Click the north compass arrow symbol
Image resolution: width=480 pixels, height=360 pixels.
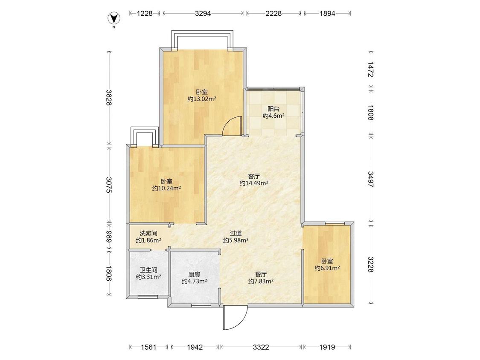[x=114, y=19]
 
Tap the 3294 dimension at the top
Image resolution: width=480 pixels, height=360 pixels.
[x=203, y=13]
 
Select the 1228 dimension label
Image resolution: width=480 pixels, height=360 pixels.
[x=145, y=13]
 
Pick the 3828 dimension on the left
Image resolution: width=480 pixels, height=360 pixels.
[x=109, y=97]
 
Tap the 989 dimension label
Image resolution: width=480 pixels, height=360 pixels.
[x=109, y=236]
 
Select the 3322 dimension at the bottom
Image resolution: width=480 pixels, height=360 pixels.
[x=261, y=347]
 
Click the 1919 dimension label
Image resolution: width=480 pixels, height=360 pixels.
[x=327, y=347]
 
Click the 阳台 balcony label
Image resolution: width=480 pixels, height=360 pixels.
[x=273, y=109]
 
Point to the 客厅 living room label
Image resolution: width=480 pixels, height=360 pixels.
[x=254, y=176]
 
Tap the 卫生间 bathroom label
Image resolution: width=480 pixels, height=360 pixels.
[x=148, y=270]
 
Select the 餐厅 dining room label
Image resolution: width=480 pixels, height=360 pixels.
[x=261, y=274]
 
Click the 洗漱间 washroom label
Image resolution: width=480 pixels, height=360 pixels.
[x=148, y=233]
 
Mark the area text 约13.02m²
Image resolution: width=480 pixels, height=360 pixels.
[x=202, y=99]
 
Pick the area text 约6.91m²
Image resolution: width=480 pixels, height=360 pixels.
[x=327, y=268]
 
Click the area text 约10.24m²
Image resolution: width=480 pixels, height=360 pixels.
[x=166, y=188]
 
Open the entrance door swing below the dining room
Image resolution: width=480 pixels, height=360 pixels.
[x=235, y=318]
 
